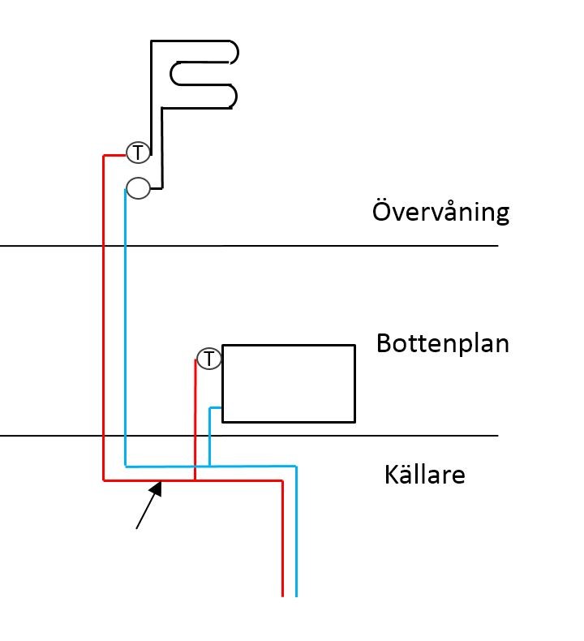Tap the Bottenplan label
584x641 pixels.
coord(442,344)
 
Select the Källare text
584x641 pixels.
coord(424,475)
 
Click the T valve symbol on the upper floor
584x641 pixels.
coord(138,152)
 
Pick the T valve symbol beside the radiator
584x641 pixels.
coord(209,359)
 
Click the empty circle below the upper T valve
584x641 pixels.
coord(138,188)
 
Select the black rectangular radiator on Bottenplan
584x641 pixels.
coord(289,384)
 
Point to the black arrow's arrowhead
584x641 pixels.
coord(159,487)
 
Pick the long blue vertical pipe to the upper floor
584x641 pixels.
coord(125,325)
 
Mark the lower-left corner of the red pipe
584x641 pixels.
coord(105,480)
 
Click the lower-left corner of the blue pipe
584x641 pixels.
coord(126,467)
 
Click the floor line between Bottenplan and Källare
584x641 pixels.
coord(365,436)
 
